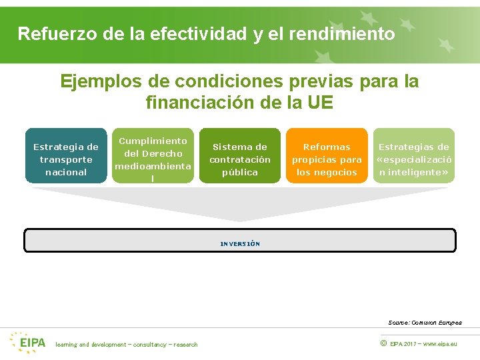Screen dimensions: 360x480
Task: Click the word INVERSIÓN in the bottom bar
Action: pyautogui.click(x=240, y=244)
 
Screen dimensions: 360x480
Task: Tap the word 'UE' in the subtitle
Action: pyautogui.click(x=320, y=103)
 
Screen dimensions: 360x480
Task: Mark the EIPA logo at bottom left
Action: pyautogui.click(x=28, y=343)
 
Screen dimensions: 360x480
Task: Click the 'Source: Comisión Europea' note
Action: pyautogui.click(x=425, y=322)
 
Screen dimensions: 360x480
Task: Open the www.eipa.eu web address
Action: pyautogui.click(x=441, y=344)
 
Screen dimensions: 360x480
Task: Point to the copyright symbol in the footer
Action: pyautogui.click(x=383, y=344)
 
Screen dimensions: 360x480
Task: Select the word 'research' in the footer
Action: pyautogui.click(x=184, y=345)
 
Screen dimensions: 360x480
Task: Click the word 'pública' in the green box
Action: pyautogui.click(x=240, y=172)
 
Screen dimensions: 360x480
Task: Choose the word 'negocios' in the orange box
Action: pyautogui.click(x=327, y=172)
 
